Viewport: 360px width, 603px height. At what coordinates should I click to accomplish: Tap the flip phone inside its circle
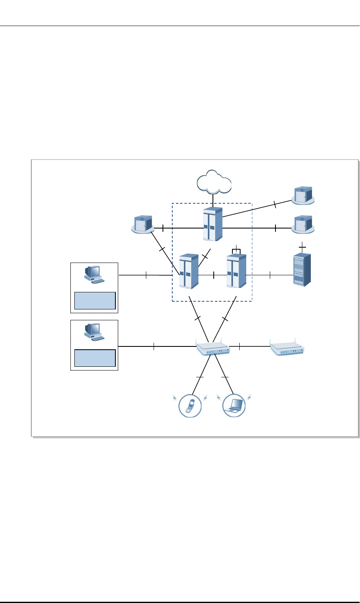[190, 405]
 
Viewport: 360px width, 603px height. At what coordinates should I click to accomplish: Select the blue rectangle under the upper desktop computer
[95, 301]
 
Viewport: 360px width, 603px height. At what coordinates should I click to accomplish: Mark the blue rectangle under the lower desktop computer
[95, 358]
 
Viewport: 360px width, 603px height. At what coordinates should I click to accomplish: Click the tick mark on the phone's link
[200, 378]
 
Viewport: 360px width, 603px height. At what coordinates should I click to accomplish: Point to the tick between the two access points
[240, 346]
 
